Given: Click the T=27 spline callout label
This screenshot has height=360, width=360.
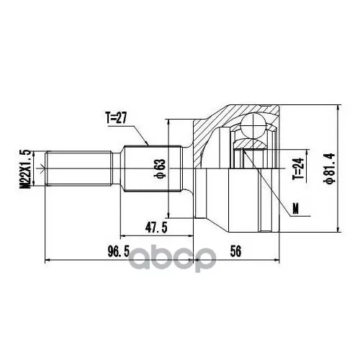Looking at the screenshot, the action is point(116,118).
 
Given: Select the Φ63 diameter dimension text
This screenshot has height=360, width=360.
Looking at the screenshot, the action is point(161,168).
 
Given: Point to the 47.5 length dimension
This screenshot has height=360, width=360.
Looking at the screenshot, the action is point(156,228).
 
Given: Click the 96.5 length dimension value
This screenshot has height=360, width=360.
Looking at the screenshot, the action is point(119,252).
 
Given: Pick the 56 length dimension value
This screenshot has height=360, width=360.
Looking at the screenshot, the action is point(235,251).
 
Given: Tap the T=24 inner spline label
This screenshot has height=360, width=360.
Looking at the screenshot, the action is point(298,168).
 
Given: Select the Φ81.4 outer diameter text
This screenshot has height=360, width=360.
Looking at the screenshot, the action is point(329,168).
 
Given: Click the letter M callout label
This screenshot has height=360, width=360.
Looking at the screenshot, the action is point(296,209).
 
